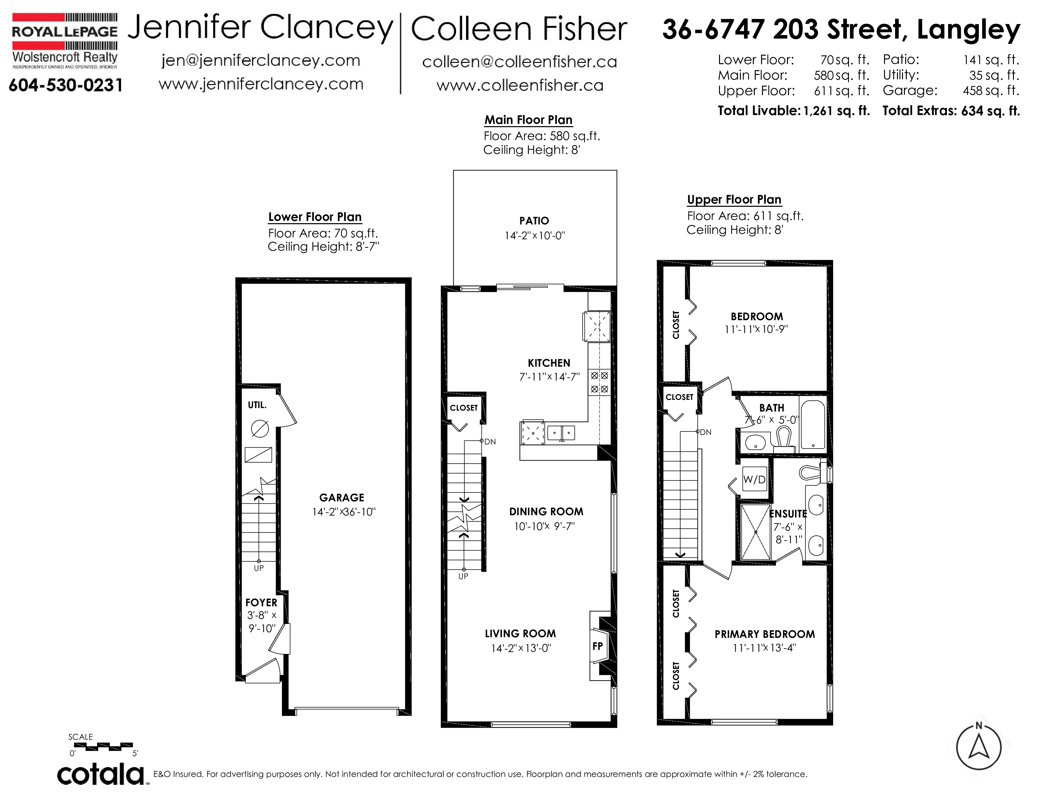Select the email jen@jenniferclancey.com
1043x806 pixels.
(261, 61)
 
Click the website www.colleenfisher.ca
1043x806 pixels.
(520, 85)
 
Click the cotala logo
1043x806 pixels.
(101, 774)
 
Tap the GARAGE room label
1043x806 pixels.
(341, 498)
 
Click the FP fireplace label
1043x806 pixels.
(597, 646)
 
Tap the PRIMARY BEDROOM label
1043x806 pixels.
(765, 634)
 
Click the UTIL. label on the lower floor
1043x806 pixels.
(257, 405)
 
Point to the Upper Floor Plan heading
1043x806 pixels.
(734, 199)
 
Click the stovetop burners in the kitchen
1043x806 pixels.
(599, 382)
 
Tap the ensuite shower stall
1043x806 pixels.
(755, 532)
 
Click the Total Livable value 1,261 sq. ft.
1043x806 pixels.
(837, 111)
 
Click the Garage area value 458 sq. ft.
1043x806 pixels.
(991, 90)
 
